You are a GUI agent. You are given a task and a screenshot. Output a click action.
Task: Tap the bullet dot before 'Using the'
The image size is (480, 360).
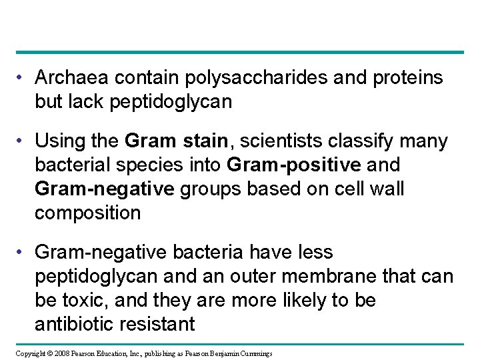[23, 141]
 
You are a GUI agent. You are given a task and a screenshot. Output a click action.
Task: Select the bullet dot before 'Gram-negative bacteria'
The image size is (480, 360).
[23, 253]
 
